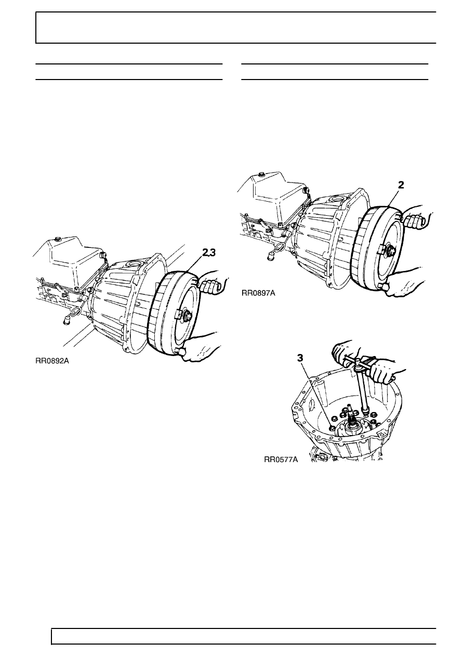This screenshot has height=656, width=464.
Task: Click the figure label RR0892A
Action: tap(52, 361)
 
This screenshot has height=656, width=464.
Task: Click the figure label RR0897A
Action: tap(258, 293)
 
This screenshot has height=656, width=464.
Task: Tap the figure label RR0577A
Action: tap(281, 460)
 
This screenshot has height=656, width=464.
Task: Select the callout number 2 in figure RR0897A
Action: tap(401, 185)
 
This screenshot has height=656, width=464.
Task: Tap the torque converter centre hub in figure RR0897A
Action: tap(391, 250)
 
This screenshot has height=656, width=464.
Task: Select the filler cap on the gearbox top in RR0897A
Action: tap(261, 175)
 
